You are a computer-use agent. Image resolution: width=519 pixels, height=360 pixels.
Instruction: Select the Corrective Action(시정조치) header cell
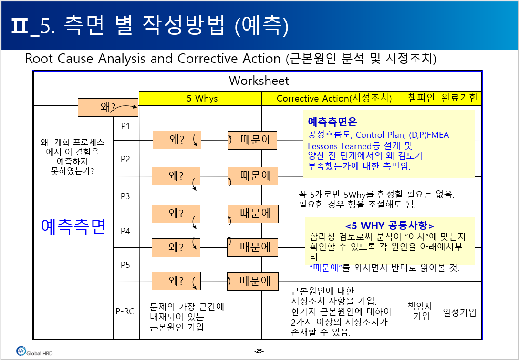click(333, 98)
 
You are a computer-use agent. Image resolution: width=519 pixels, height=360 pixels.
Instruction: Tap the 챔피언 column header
click(421, 98)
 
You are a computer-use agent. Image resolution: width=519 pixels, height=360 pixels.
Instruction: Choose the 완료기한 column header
click(459, 98)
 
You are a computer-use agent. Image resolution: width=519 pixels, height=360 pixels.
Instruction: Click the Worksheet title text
click(259, 81)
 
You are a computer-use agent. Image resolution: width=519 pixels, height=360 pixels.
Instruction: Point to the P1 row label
click(125, 126)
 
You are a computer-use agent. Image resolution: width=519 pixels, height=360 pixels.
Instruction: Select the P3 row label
click(125, 196)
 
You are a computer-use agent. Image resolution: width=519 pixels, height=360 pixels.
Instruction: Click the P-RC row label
click(125, 311)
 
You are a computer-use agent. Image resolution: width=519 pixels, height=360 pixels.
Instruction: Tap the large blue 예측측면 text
click(73, 226)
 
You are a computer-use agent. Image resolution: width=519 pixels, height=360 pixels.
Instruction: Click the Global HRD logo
click(34, 351)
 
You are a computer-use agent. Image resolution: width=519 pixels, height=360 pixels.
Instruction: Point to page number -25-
click(259, 351)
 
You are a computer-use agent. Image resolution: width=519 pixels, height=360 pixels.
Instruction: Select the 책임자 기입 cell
click(421, 311)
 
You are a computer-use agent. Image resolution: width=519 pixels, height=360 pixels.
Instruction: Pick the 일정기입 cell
click(459, 312)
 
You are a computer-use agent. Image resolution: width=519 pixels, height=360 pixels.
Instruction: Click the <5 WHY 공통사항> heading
click(389, 226)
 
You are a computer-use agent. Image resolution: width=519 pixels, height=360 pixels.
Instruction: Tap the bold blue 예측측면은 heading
click(332, 122)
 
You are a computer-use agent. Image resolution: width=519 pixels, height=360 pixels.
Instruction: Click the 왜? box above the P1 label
click(108, 107)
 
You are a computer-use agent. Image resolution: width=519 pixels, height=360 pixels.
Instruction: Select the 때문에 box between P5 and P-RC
click(253, 281)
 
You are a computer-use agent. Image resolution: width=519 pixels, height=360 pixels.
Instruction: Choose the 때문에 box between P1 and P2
click(252, 140)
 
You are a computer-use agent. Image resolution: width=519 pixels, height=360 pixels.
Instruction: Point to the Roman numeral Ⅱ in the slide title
click(19, 27)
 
